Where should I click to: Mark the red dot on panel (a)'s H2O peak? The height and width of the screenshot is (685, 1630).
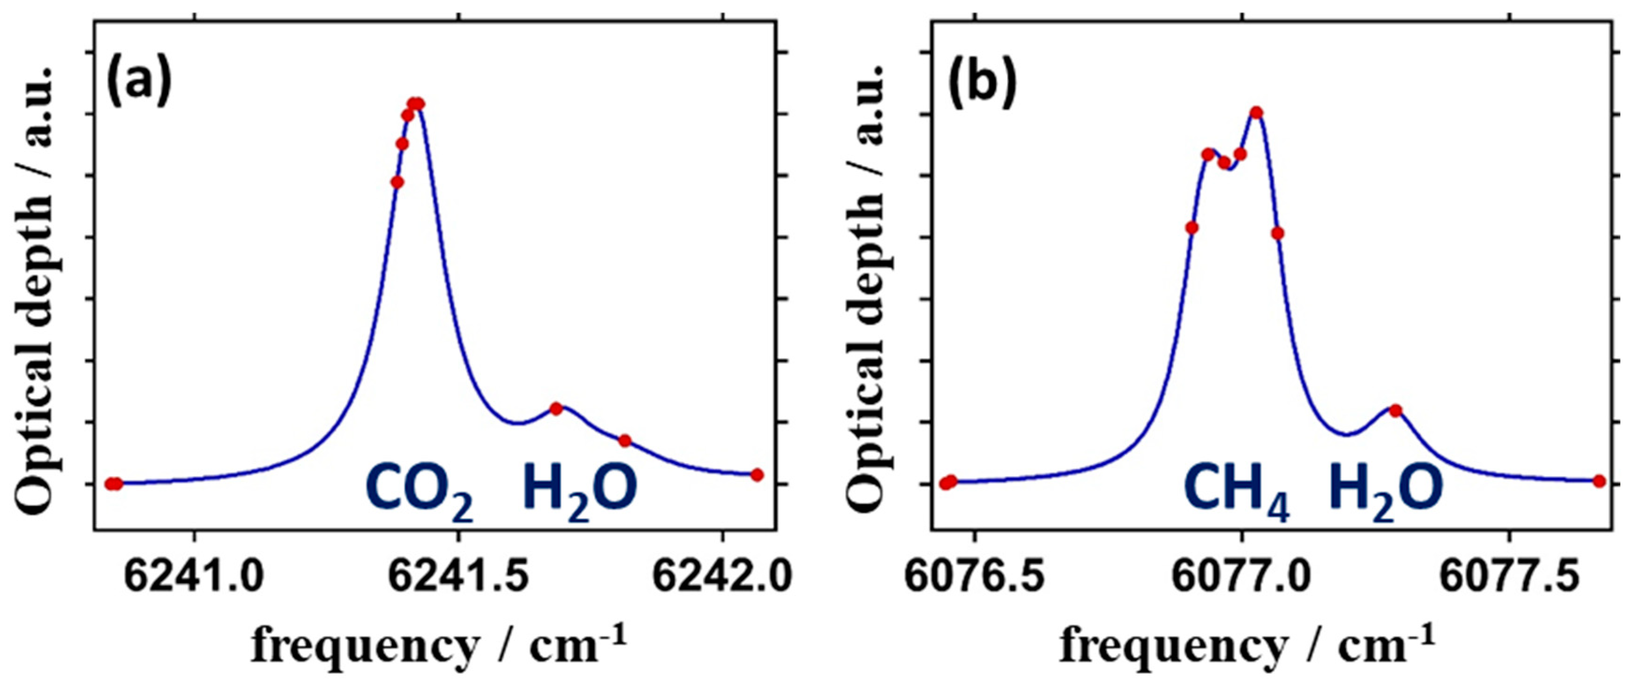[x=556, y=408]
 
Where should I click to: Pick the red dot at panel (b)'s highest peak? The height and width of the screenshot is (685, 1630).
[x=1256, y=113]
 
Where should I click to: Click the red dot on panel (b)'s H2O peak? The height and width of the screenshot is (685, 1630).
[x=1395, y=410]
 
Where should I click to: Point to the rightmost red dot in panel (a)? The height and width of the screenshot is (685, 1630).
[x=757, y=475]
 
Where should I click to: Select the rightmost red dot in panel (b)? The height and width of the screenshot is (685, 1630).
[x=1599, y=481]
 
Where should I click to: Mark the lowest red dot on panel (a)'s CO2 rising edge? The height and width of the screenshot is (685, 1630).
[x=397, y=182]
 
